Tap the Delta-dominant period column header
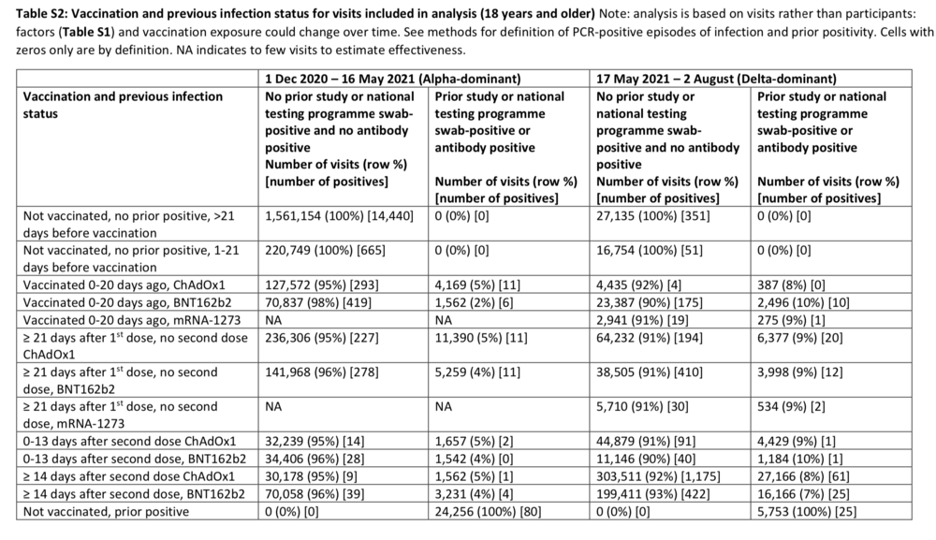[716, 79]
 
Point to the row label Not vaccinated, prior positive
[108, 512]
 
